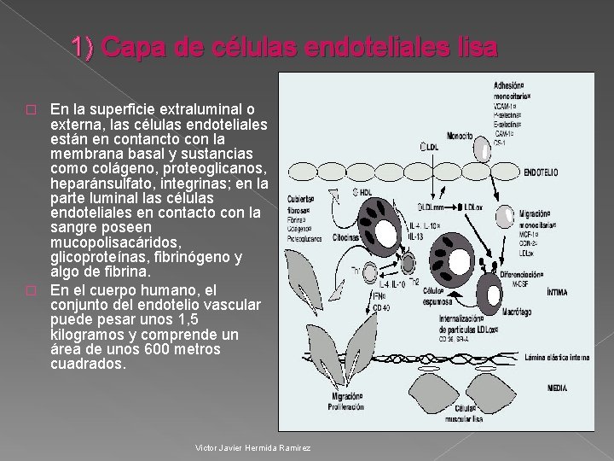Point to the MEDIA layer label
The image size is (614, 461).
coord(556,388)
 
